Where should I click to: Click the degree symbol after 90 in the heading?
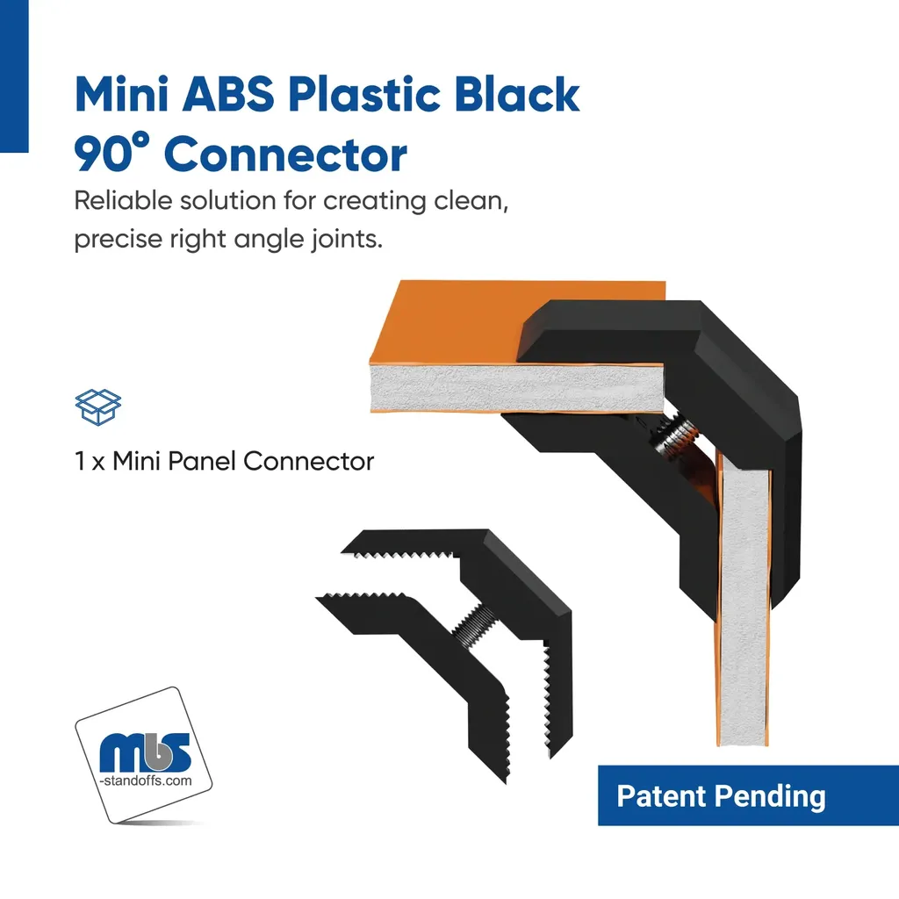pos(141,140)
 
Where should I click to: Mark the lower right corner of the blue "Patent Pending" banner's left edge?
pos(599,825)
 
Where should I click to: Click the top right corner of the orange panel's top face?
pos(665,282)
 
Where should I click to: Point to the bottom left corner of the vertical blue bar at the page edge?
pos(1,152)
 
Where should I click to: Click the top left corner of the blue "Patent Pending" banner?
pos(599,766)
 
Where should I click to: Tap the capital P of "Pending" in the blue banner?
pos(723,795)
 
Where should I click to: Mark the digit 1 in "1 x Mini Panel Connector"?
pos(80,461)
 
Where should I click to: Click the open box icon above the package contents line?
pos(98,407)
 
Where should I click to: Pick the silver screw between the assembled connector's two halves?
pos(677,435)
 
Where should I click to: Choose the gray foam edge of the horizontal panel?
pos(516,388)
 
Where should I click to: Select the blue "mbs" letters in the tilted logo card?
pos(145,752)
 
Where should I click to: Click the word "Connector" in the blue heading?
pos(285,155)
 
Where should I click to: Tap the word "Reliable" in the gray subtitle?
pos(123,201)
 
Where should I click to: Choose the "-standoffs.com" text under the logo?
pos(146,780)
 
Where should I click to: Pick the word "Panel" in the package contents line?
pos(203,461)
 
